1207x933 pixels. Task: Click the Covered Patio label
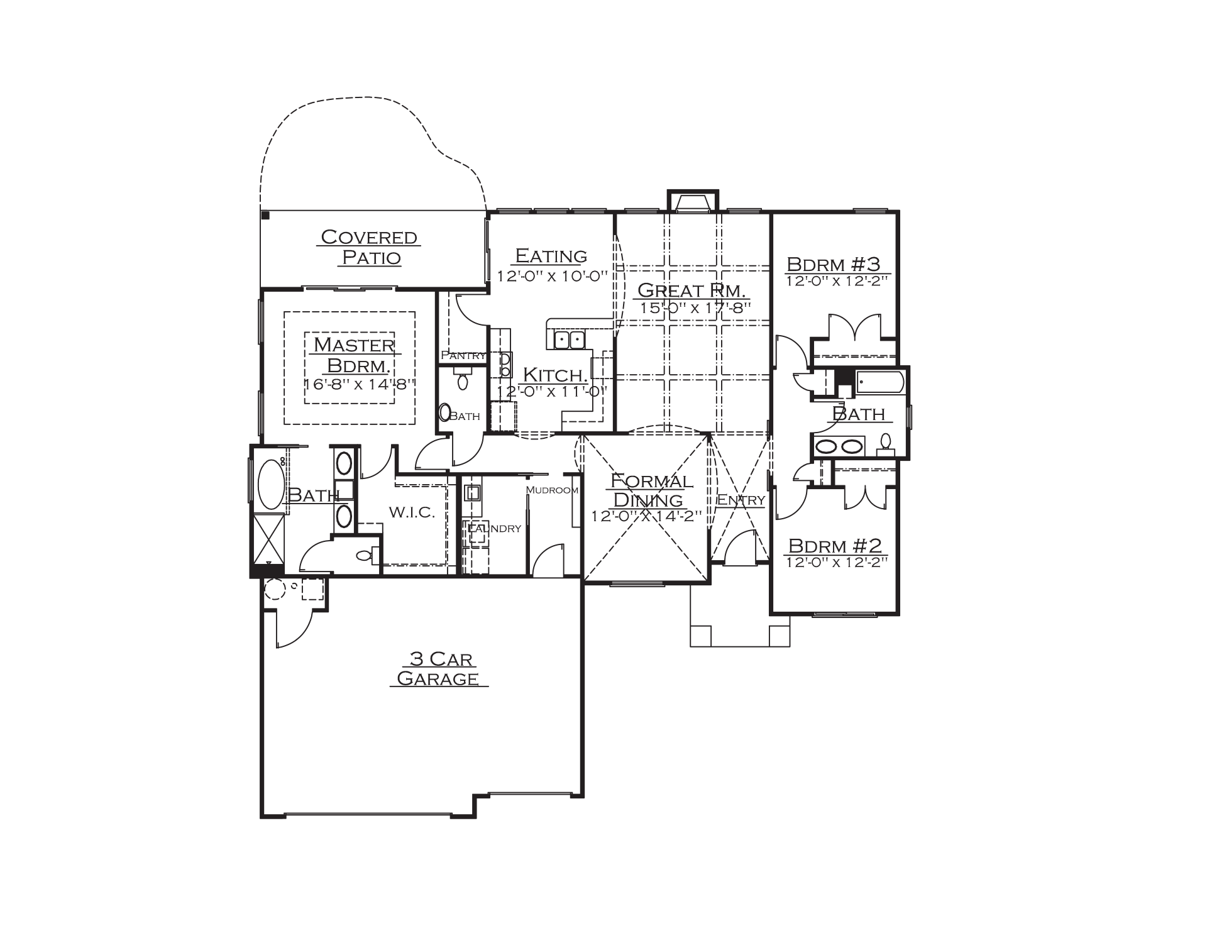(370, 247)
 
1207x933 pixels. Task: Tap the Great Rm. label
(692, 290)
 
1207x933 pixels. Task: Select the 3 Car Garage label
(439, 668)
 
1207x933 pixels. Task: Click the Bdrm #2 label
(835, 544)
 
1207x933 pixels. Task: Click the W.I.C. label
(412, 512)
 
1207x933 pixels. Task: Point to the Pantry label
(463, 355)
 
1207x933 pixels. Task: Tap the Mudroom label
(552, 490)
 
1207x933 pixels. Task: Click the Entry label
(741, 500)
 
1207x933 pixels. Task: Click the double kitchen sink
(569, 340)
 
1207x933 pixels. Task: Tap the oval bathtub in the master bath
(271, 484)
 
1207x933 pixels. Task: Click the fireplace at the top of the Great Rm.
(692, 202)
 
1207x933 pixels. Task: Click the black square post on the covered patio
(265, 216)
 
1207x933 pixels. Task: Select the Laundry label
(494, 529)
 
